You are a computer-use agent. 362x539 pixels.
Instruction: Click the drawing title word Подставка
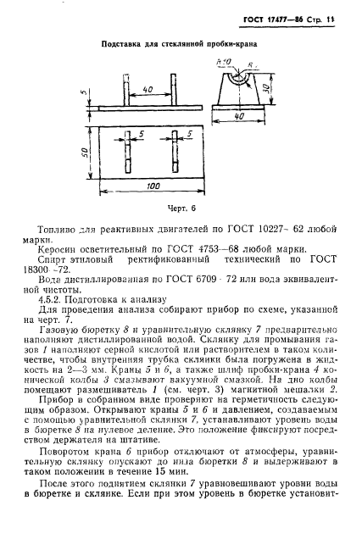pyautogui.click(x=120, y=42)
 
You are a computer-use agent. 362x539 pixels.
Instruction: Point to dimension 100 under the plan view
pyautogui.click(x=153, y=185)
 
